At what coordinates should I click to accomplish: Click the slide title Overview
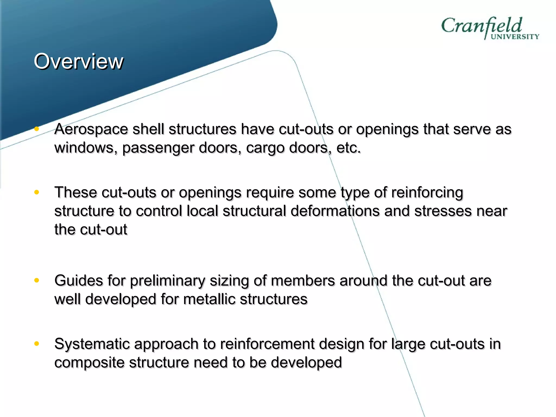pos(78,61)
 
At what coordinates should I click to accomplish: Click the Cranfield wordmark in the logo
pos(481,26)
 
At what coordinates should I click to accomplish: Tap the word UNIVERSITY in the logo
pos(515,37)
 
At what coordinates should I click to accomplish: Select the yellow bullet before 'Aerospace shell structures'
pos(37,129)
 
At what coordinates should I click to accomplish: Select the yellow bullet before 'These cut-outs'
pos(37,192)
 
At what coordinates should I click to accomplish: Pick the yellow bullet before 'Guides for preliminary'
pos(37,280)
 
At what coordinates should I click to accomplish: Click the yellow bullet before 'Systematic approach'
pos(37,344)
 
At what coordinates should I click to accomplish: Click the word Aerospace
pos(91,129)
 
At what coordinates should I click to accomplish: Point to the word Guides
pos(78,281)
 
